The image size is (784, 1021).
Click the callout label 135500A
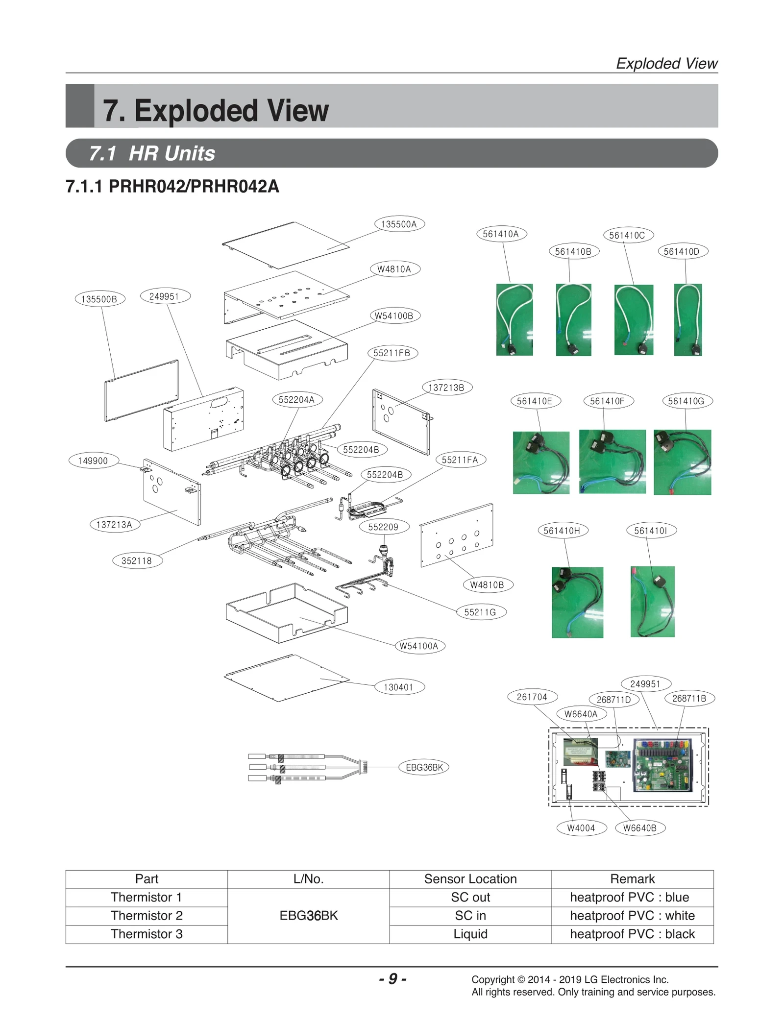point(399,224)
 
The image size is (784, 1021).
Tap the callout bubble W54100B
point(394,316)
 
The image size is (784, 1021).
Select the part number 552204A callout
point(296,399)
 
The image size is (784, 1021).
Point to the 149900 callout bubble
point(93,461)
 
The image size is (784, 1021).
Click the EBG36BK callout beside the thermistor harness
point(424,767)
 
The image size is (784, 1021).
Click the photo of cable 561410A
point(514,319)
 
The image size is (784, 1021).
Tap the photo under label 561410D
point(687,319)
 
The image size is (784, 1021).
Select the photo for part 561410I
point(652,602)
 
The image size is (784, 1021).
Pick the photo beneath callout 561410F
point(612,462)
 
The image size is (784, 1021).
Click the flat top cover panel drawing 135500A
point(286,245)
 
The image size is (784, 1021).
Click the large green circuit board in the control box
point(664,765)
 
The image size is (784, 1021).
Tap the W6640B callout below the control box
point(639,828)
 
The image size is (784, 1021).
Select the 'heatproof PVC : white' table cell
point(632,916)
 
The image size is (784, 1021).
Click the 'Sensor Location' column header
point(470,879)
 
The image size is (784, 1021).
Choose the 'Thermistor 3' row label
point(147,934)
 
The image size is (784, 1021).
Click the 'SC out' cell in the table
point(470,897)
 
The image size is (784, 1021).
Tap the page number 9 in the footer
point(392,979)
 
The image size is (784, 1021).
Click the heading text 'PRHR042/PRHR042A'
point(193,187)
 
